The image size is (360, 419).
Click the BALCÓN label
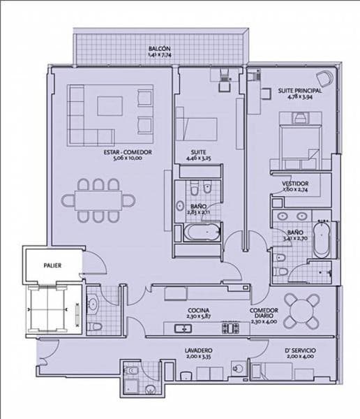point(159,48)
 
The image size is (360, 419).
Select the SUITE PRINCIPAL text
point(299,91)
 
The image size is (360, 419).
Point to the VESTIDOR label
point(296,184)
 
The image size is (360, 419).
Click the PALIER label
point(51,265)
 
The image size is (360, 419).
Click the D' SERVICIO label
point(297,349)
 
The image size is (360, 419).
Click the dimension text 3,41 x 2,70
point(295,239)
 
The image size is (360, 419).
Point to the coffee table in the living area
point(116,105)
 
